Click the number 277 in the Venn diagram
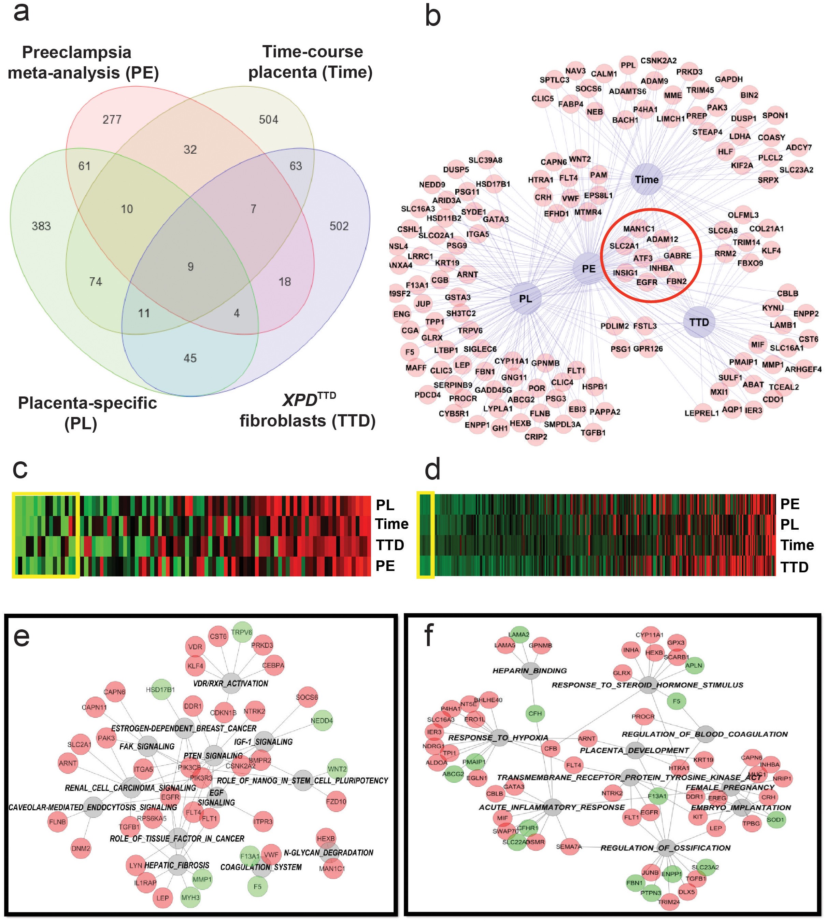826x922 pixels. [x=112, y=120]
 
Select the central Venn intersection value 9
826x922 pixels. [x=190, y=266]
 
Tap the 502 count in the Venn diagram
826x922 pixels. [x=339, y=226]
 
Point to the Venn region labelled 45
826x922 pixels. [x=190, y=358]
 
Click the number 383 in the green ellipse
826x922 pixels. [x=41, y=226]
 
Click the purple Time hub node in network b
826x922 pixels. [x=646, y=180]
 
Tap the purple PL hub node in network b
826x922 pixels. [x=525, y=299]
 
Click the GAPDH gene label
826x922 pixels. [x=729, y=80]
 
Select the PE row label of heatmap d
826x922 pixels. [x=790, y=504]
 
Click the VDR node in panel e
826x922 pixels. [x=195, y=647]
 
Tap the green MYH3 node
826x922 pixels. [x=190, y=897]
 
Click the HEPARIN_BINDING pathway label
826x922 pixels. [x=530, y=671]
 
